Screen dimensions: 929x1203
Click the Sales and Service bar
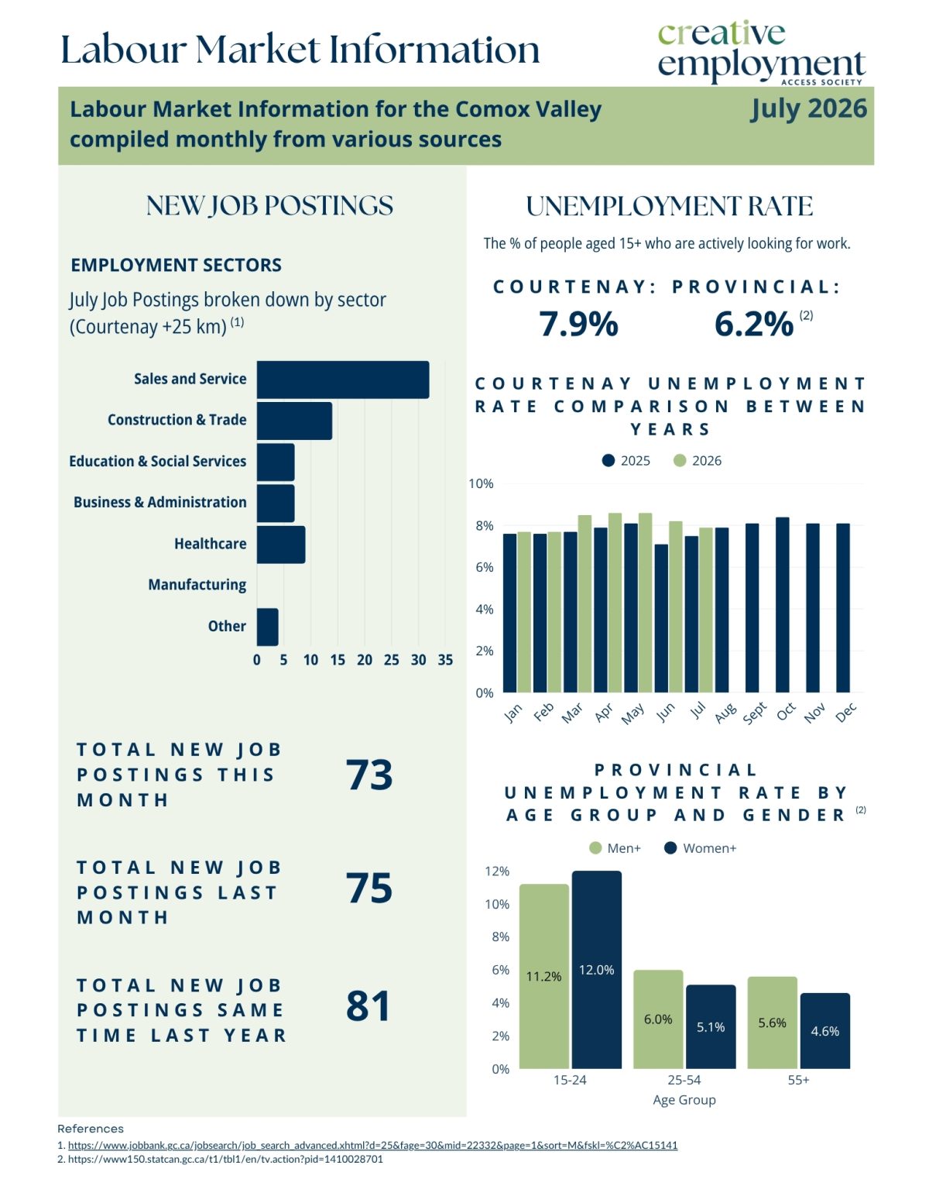(342, 380)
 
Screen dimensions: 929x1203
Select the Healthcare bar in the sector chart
(281, 545)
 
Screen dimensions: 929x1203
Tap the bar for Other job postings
(268, 627)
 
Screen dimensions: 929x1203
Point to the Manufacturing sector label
(197, 585)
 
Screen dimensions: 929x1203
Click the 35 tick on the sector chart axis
(445, 660)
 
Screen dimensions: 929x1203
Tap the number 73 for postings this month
(369, 775)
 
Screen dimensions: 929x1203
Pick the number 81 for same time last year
(369, 1006)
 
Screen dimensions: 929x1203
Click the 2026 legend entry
(698, 461)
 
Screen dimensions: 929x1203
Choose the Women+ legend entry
(701, 849)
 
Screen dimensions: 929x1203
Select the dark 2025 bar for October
(783, 604)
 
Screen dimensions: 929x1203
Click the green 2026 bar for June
(676, 607)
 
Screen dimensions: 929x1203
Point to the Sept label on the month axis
(755, 713)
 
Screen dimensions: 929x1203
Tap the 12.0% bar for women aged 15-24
(596, 970)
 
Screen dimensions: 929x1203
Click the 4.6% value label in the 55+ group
(825, 1031)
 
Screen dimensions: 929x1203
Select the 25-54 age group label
(684, 1080)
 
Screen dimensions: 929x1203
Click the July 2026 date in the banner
(809, 108)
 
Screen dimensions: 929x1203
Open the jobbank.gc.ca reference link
(372, 1146)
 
